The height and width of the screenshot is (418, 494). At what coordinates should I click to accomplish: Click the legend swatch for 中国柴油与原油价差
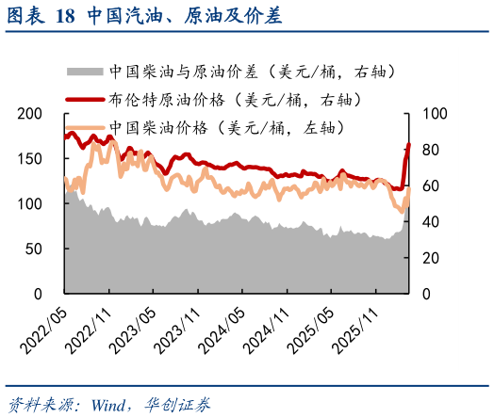(83, 71)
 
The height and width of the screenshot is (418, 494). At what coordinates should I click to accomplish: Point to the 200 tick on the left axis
(31, 114)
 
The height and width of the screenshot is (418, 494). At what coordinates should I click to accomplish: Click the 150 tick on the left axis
(31, 159)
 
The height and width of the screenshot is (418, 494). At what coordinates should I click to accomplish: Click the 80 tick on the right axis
(431, 150)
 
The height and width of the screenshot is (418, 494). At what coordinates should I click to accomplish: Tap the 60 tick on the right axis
(431, 186)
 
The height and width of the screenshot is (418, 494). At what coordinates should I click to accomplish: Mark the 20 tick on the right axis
(431, 258)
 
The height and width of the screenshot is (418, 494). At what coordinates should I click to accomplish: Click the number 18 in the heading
(65, 16)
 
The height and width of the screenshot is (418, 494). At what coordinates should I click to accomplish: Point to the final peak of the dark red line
(409, 144)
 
